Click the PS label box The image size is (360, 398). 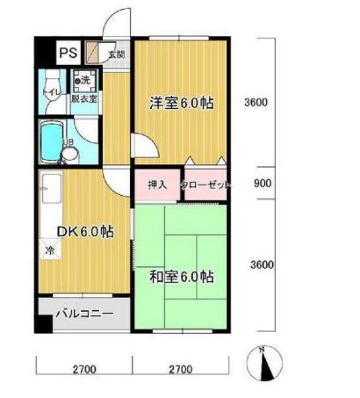(68, 53)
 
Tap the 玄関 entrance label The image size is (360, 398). (116, 54)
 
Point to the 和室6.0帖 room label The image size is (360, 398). (181, 278)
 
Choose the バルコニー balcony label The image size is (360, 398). (83, 313)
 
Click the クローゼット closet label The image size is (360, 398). (205, 185)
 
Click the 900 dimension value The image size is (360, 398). (261, 185)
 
